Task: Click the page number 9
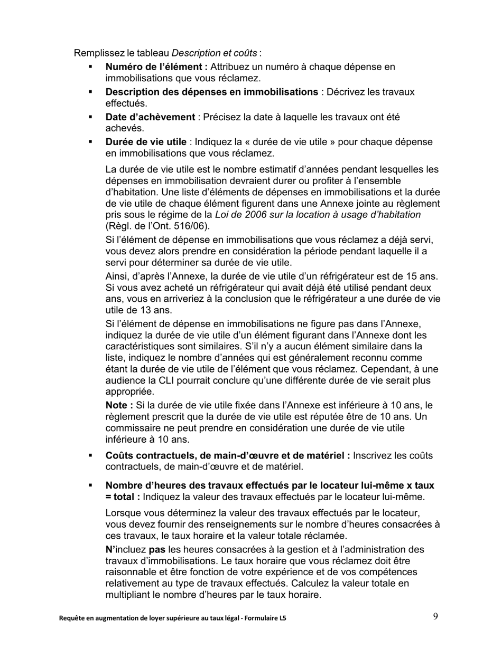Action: point(435,616)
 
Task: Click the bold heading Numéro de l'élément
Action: point(156,67)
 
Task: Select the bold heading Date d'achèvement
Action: point(150,117)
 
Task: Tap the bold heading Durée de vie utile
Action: point(146,142)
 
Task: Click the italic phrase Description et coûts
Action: point(215,53)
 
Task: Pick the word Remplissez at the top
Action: point(96,53)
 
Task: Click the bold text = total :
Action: point(123,497)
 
